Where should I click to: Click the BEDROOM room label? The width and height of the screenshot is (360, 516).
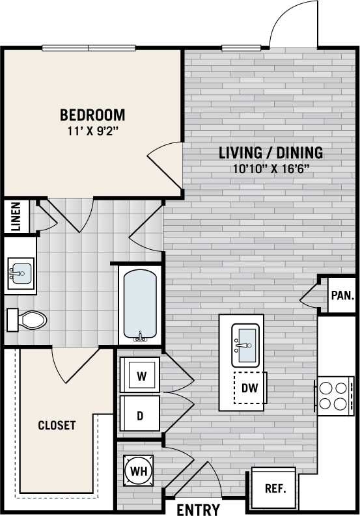click(92, 115)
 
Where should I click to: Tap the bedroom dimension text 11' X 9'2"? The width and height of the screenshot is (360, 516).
click(92, 130)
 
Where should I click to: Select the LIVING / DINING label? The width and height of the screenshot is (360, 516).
click(271, 153)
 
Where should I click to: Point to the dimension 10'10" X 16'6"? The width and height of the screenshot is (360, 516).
click(271, 168)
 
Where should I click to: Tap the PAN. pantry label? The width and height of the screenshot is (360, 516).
click(341, 295)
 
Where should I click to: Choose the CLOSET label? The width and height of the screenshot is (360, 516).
click(57, 426)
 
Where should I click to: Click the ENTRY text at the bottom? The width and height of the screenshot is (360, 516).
click(198, 509)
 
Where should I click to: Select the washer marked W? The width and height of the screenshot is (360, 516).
click(140, 375)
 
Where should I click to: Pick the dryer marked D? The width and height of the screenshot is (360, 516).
click(140, 415)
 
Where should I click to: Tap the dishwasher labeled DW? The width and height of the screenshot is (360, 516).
click(250, 388)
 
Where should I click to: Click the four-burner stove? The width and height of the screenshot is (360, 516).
click(333, 395)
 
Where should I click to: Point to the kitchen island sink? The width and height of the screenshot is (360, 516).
click(245, 343)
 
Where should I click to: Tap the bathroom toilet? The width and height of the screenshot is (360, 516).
click(28, 319)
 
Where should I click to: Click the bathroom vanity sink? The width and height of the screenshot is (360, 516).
click(20, 273)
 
